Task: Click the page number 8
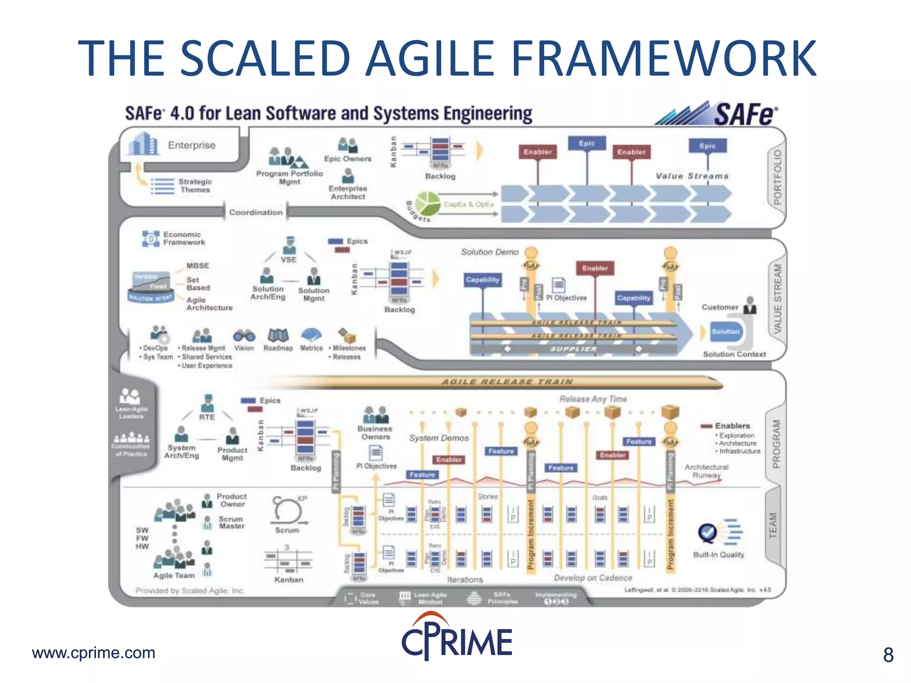click(x=888, y=655)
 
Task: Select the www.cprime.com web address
click(x=93, y=653)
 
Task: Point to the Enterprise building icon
click(x=143, y=144)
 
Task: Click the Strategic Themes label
click(x=195, y=185)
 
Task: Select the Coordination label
click(x=256, y=213)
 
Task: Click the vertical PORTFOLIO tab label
click(x=777, y=177)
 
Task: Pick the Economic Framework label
click(x=184, y=238)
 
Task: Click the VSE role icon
click(x=290, y=245)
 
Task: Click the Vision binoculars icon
click(x=244, y=336)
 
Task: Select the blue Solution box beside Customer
click(x=725, y=332)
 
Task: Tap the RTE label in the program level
click(x=206, y=417)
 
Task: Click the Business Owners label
click(x=375, y=433)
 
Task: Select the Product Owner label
click(x=232, y=500)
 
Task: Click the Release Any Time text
click(x=593, y=399)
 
